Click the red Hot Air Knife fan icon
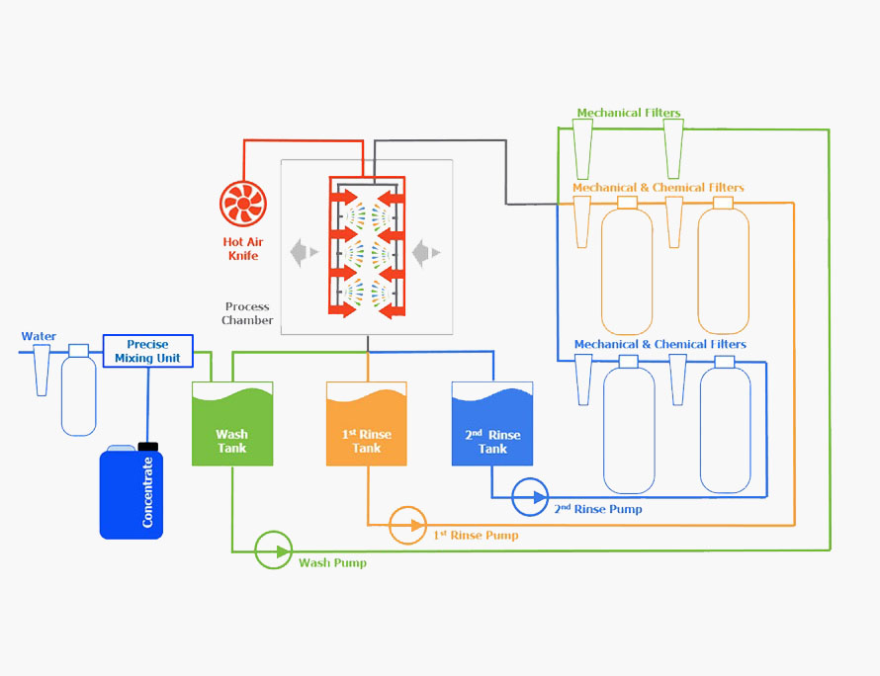243,204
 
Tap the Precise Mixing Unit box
148,351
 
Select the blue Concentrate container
132,491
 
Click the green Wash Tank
232,424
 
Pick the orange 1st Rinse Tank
367,424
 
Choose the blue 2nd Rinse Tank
492,424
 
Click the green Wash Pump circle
273,550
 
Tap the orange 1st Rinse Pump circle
408,526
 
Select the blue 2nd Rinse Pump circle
530,497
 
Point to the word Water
39,336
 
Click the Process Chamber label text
247,313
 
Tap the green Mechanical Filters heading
629,113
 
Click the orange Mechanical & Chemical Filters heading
659,188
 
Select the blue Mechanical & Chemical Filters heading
660,344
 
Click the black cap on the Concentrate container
148,447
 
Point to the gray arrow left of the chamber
305,252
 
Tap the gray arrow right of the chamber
426,252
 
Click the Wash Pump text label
332,562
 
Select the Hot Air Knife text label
243,248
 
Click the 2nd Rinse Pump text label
598,509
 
